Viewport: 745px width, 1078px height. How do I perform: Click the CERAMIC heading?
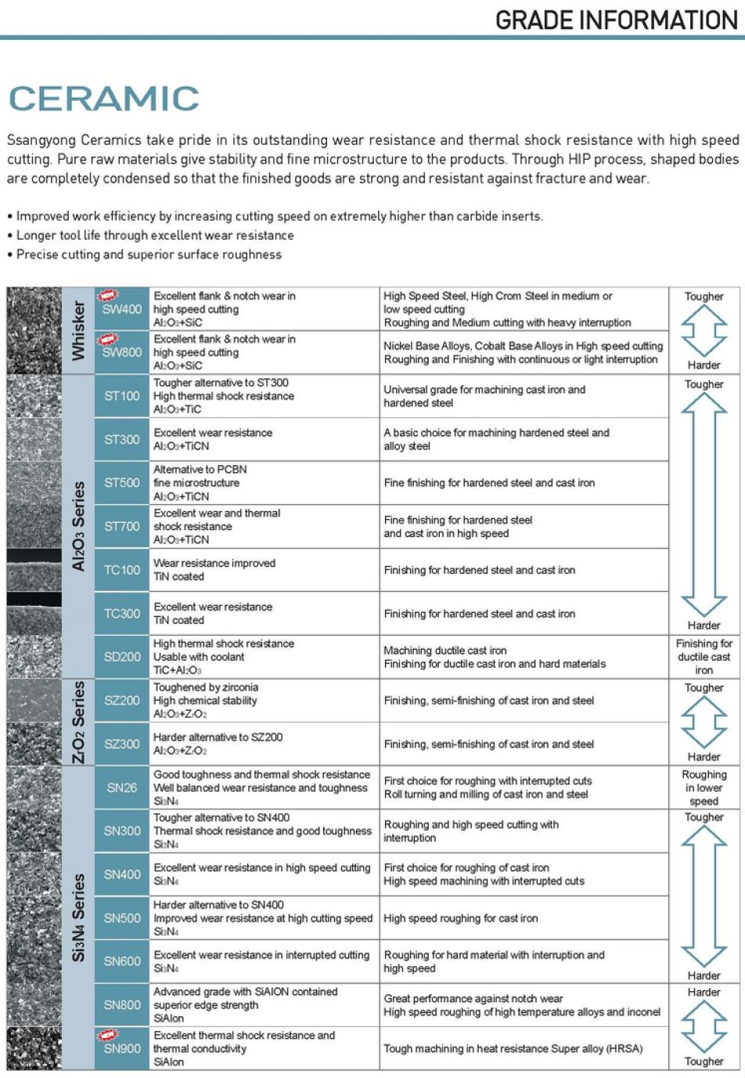(x=104, y=99)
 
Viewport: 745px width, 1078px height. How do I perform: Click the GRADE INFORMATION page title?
(x=617, y=20)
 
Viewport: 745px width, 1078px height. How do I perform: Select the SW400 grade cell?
(x=121, y=309)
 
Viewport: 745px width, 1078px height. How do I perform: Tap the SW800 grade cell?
(x=121, y=352)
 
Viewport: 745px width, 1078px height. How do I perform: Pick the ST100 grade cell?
(x=121, y=396)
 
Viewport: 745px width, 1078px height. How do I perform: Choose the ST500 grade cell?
(x=121, y=483)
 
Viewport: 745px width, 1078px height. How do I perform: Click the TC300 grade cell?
(x=121, y=614)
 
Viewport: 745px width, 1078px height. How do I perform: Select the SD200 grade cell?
(x=121, y=657)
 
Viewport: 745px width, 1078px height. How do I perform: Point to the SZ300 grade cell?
(x=121, y=744)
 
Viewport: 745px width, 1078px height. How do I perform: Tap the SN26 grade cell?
(x=121, y=788)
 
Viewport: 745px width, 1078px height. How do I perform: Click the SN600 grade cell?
(x=121, y=961)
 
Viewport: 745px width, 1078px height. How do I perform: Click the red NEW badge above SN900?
(x=107, y=1034)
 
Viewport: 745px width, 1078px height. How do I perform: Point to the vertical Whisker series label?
(x=78, y=330)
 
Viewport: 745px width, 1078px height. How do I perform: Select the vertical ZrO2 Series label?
(x=78, y=722)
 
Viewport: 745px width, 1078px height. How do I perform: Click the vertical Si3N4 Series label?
(x=78, y=918)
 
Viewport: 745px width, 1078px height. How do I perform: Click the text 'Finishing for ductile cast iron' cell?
(x=704, y=657)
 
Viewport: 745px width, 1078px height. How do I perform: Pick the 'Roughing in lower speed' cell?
(x=704, y=788)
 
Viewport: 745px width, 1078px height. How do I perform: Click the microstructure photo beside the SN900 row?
(x=34, y=1048)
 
